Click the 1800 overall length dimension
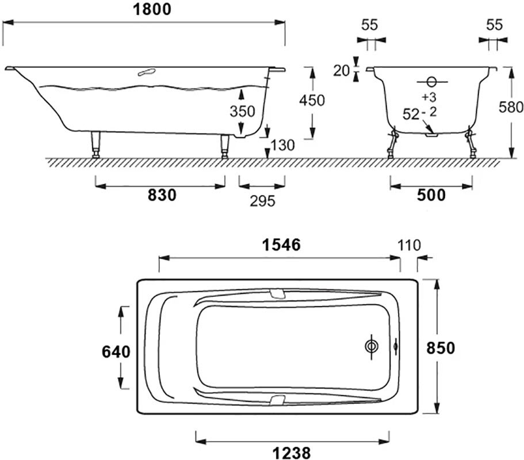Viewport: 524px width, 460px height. [152, 9]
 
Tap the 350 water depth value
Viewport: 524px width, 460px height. [242, 111]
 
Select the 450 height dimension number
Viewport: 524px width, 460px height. [311, 100]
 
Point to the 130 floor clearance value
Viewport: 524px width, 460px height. [282, 145]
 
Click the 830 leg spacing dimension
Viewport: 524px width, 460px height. [162, 195]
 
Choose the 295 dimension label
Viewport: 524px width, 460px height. [263, 201]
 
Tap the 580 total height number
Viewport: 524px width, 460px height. [511, 107]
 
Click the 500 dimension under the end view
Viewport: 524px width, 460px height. [431, 195]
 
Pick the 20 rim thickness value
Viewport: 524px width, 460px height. [341, 71]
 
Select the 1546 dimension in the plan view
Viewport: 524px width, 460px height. [281, 245]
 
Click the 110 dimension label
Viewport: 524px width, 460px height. [409, 246]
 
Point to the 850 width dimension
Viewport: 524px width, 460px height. [441, 348]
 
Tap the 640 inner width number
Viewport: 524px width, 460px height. [116, 352]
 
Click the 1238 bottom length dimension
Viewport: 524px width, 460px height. [292, 453]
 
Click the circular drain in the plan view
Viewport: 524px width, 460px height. [372, 347]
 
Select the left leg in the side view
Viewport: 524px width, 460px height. [96, 144]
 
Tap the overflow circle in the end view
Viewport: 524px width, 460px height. [432, 82]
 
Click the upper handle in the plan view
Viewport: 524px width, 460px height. [277, 294]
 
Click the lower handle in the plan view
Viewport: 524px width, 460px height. [277, 400]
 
